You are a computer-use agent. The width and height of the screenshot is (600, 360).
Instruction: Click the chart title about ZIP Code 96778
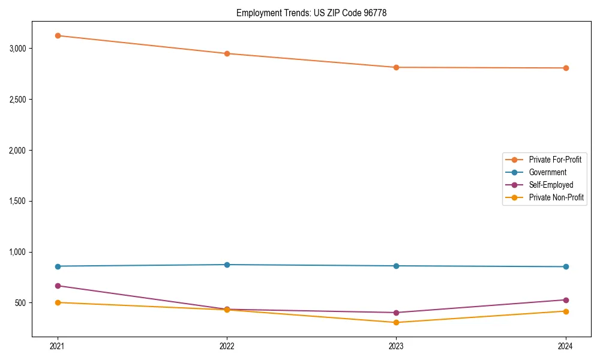click(311, 13)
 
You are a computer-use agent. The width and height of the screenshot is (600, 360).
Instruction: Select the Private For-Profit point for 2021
click(58, 35)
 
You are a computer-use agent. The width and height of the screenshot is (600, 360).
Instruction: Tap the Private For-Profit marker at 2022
click(227, 53)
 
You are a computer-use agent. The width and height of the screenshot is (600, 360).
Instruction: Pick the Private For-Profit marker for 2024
click(566, 68)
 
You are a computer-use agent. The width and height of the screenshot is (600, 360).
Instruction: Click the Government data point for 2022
click(227, 265)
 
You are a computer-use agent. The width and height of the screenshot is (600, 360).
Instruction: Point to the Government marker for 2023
click(396, 266)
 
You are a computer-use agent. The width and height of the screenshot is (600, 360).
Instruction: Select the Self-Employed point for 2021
click(58, 286)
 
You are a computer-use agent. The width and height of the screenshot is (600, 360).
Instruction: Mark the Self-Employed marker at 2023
click(396, 313)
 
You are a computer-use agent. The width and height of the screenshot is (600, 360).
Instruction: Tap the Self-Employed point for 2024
click(566, 300)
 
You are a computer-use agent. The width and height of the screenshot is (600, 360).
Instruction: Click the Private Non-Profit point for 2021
click(58, 302)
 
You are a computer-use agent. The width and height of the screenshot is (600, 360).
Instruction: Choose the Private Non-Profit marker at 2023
click(396, 322)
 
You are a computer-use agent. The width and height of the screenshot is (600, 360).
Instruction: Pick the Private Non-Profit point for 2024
click(566, 311)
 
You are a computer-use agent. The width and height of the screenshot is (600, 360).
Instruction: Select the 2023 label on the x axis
click(396, 346)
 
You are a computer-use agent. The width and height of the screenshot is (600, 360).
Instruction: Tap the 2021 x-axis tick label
click(58, 346)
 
